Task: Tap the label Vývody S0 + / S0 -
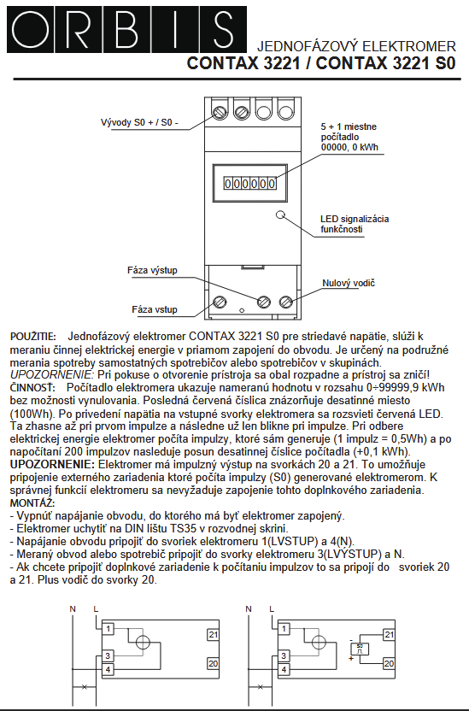(139, 123)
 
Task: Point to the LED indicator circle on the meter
(279, 216)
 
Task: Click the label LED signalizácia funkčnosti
(354, 224)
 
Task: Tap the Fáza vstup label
(154, 309)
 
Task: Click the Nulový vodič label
(349, 283)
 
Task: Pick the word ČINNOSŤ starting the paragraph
(30, 388)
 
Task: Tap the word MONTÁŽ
(31, 504)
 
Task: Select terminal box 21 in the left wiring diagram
(213, 634)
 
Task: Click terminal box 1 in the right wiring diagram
(285, 628)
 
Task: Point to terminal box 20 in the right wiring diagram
(389, 662)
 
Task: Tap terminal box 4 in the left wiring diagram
(108, 669)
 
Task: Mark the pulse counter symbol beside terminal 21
(362, 648)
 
